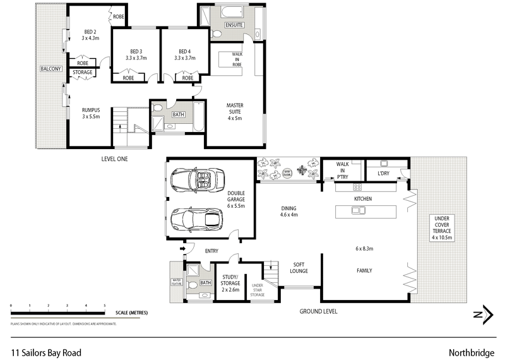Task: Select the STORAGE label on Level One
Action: pos(83,73)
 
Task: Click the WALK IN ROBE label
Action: pos(237,59)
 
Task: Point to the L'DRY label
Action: pos(384,172)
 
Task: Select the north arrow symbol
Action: pos(483,314)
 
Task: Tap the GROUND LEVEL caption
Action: pos(318,311)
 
